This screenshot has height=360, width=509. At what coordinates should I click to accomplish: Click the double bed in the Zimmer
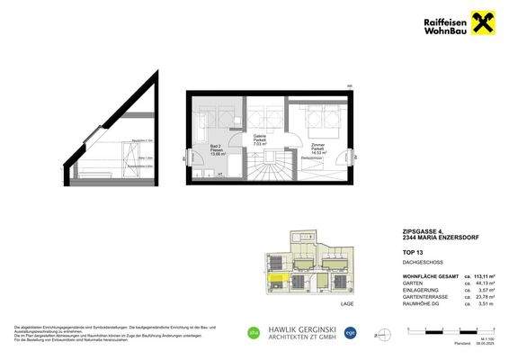[x=317, y=118]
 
